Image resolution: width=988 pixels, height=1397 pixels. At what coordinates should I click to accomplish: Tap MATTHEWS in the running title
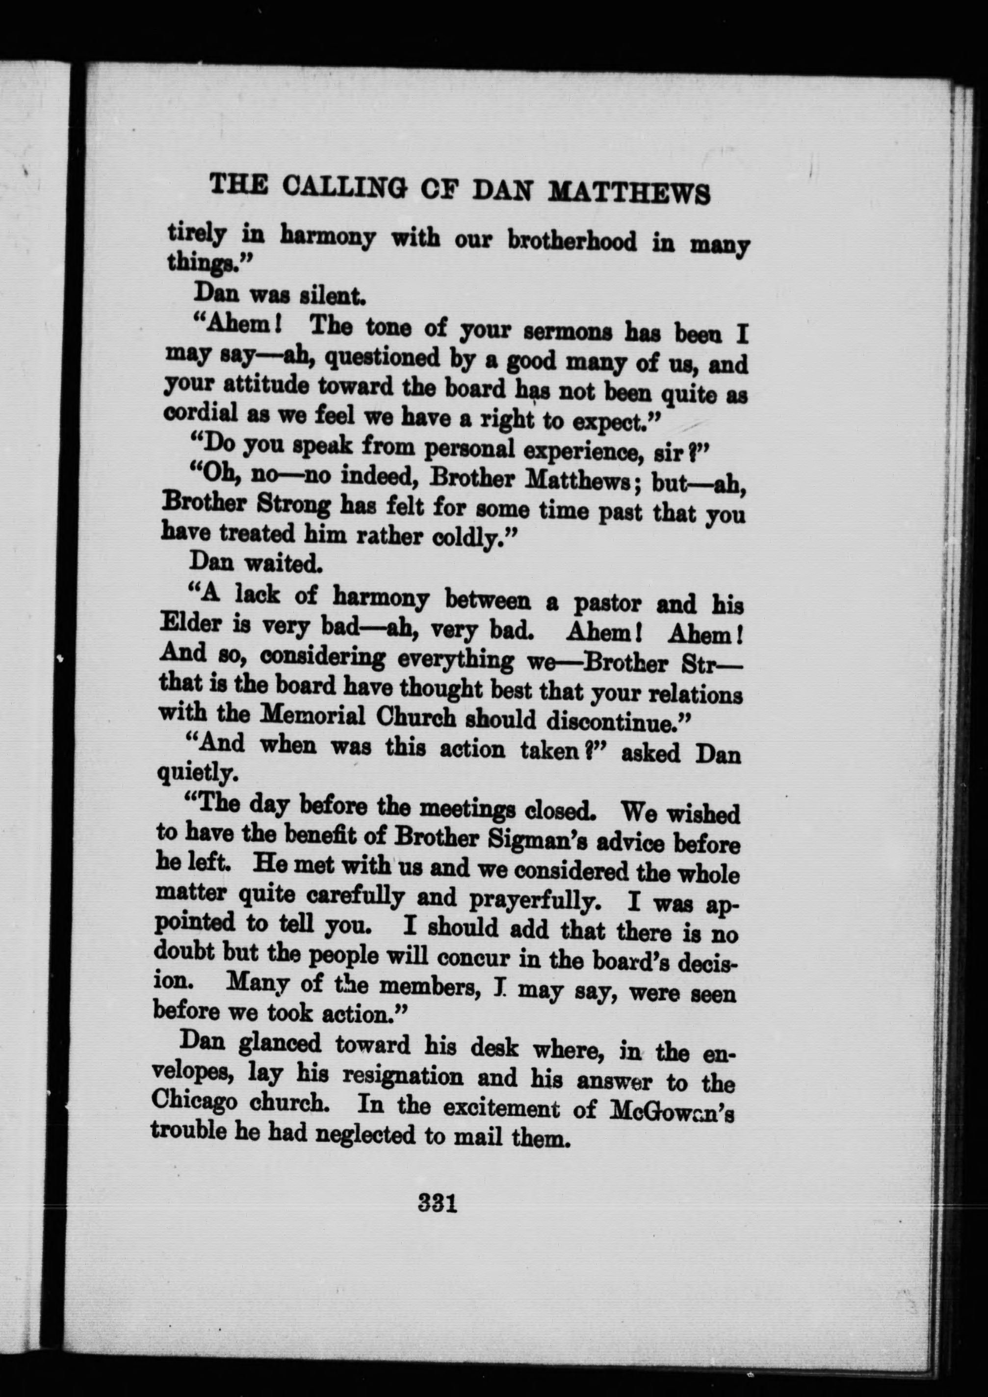[630, 192]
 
